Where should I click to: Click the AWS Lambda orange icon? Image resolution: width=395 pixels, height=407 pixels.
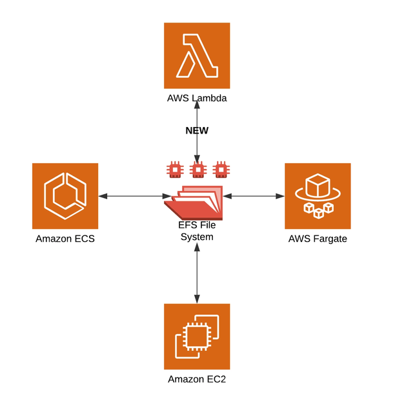click(x=197, y=55)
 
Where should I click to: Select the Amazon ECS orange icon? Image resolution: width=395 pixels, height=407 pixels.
click(x=65, y=196)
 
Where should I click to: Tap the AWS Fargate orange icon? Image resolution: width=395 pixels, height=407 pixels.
click(x=318, y=196)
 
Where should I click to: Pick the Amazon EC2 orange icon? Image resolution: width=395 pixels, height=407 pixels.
click(x=197, y=336)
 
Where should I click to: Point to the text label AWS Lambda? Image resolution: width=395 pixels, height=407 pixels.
click(x=197, y=99)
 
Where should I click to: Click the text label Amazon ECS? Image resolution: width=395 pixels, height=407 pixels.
click(x=65, y=239)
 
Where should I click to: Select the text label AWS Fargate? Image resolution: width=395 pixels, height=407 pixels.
click(x=318, y=239)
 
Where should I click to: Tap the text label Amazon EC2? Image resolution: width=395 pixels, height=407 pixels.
click(x=197, y=379)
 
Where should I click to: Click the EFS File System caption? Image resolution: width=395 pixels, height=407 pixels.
click(x=196, y=232)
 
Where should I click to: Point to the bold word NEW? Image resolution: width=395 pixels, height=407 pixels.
click(x=197, y=130)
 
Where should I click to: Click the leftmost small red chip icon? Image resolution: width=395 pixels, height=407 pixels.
click(x=173, y=170)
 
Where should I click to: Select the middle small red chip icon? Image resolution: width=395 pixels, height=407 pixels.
click(x=197, y=170)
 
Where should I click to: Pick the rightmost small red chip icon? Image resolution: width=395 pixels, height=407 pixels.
click(x=221, y=170)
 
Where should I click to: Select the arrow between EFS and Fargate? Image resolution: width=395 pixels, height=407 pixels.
click(x=253, y=195)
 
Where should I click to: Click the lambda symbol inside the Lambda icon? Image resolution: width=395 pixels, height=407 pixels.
click(x=197, y=55)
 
